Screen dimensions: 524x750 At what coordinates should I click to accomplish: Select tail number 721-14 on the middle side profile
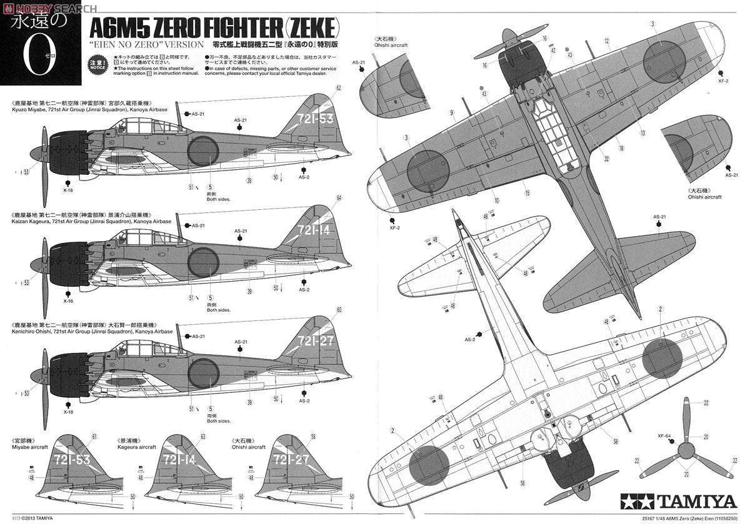[314, 230]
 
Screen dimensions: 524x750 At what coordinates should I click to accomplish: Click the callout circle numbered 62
[339, 88]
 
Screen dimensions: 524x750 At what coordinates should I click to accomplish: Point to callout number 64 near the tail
[339, 198]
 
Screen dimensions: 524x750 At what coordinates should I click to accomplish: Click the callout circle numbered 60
[339, 309]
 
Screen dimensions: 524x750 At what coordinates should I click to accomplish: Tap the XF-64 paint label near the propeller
[664, 437]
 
